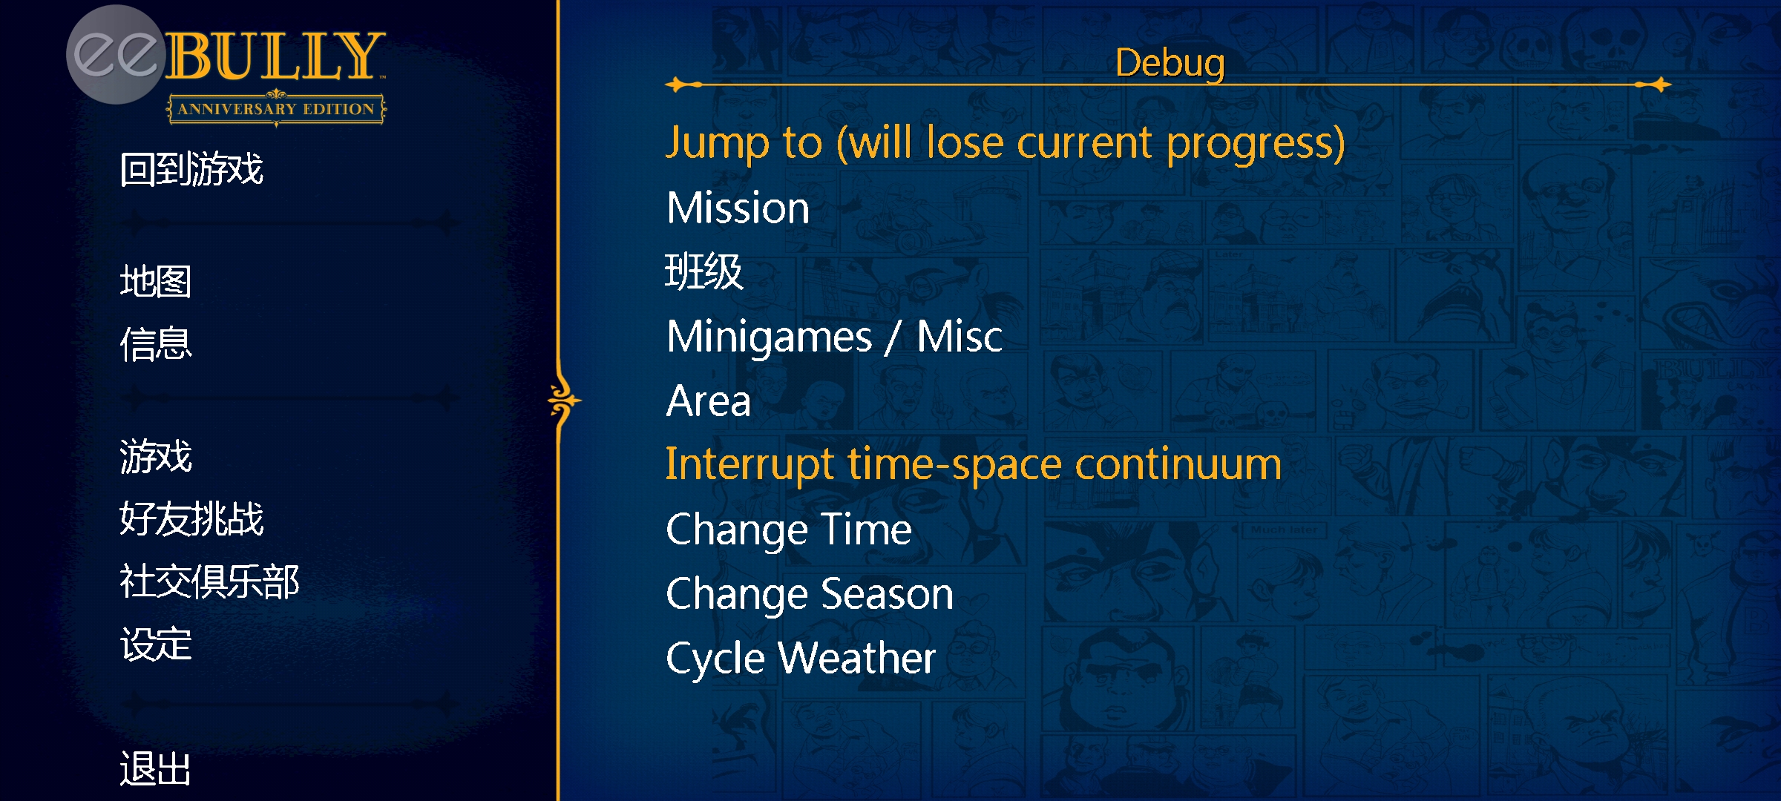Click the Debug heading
1170,64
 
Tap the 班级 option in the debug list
704,271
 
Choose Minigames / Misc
834,337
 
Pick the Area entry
709,401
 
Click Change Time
789,530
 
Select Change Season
810,594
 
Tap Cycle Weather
801,659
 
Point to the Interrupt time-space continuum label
974,465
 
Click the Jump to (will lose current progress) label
1006,143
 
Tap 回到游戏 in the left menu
191,169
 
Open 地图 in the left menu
156,282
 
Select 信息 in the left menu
156,344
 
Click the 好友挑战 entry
191,518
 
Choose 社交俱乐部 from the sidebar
209,581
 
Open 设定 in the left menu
156,644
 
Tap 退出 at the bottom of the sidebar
156,768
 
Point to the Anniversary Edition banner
276,109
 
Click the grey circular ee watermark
116,55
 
